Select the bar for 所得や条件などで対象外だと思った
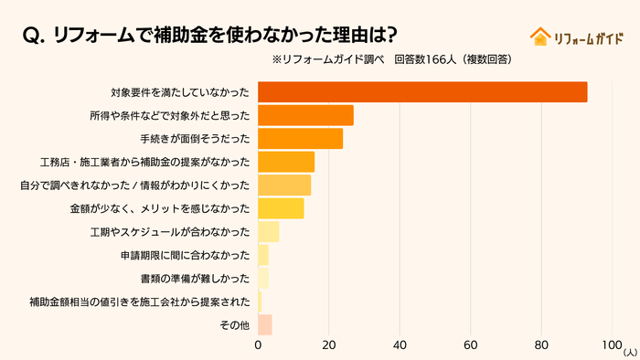click(x=305, y=115)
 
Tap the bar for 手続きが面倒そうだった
click(x=300, y=139)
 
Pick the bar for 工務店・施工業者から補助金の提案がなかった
click(x=286, y=162)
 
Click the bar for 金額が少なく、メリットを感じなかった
click(x=281, y=208)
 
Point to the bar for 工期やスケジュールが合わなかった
click(x=268, y=232)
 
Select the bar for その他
click(x=265, y=324)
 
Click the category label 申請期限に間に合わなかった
click(x=185, y=255)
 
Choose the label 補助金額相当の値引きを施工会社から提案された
click(x=139, y=302)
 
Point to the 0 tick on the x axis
click(x=258, y=346)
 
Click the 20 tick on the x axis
click(x=329, y=346)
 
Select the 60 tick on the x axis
click(x=471, y=346)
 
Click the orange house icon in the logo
click(x=539, y=37)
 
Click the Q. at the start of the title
click(x=34, y=36)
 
